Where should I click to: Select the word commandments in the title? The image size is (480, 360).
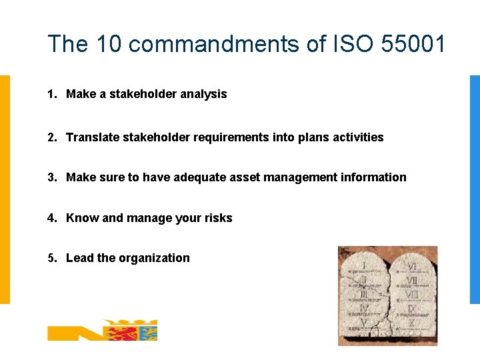pyautogui.click(x=211, y=44)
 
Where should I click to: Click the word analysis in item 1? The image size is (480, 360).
pyautogui.click(x=201, y=95)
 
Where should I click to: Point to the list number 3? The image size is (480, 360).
pyautogui.click(x=51, y=177)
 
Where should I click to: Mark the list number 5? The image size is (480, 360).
pyautogui.click(x=51, y=258)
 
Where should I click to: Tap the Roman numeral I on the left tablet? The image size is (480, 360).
pyautogui.click(x=363, y=265)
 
